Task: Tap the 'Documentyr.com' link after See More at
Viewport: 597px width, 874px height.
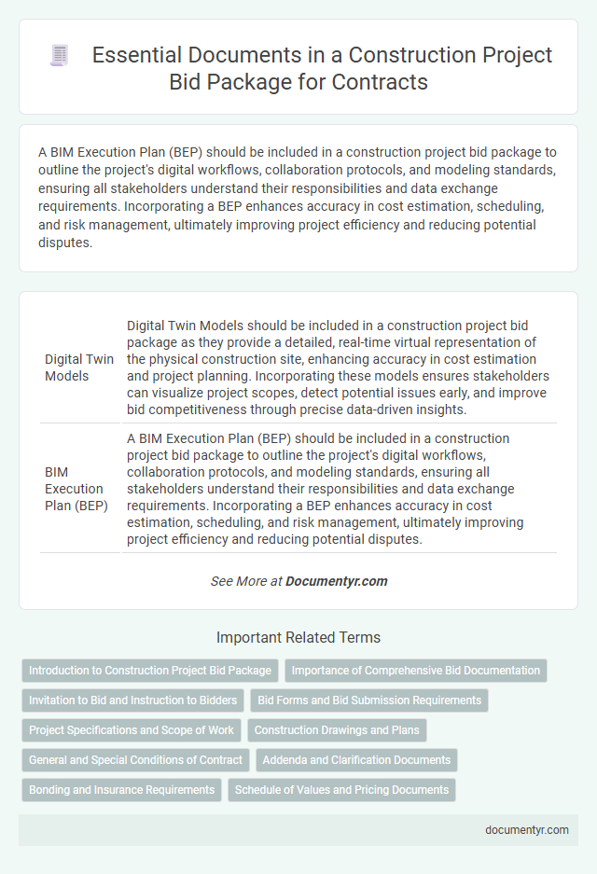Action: pos(336,581)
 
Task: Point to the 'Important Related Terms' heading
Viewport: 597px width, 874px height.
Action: pos(298,638)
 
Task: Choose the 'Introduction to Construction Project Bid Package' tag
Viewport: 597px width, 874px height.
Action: pos(150,671)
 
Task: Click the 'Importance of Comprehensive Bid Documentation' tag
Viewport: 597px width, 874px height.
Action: pos(415,671)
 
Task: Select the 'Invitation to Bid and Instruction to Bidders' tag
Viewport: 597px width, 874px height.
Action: pos(133,701)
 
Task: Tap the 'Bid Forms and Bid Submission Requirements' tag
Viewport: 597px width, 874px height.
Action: pos(369,701)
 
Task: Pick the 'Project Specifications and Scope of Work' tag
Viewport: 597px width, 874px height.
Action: pos(132,730)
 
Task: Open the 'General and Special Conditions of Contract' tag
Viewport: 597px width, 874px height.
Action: pos(135,760)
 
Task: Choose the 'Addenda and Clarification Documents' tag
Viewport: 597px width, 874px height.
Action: pos(356,760)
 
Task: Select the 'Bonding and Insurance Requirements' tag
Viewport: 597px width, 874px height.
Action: pos(121,790)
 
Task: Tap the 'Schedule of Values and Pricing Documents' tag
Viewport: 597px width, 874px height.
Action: pos(341,790)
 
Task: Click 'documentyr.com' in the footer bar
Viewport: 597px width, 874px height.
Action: pos(528,830)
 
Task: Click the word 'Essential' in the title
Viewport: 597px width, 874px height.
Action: pos(137,56)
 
